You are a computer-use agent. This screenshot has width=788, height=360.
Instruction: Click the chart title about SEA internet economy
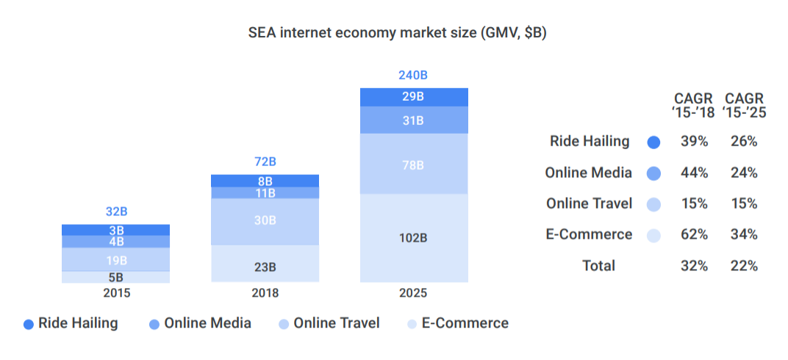coord(397,33)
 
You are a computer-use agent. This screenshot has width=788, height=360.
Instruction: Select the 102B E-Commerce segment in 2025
coord(413,238)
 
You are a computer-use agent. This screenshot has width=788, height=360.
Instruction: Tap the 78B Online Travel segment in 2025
coord(413,165)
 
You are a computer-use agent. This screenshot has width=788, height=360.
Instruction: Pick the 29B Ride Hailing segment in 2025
coord(413,97)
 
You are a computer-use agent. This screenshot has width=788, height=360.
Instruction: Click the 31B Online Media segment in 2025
coord(413,120)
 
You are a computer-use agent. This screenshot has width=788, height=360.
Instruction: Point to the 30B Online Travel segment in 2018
coord(265,220)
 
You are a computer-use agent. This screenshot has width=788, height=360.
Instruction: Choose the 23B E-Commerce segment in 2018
coord(265,267)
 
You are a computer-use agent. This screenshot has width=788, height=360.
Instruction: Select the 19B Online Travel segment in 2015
coord(116,260)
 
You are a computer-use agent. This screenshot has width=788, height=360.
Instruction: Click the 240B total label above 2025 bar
coord(413,75)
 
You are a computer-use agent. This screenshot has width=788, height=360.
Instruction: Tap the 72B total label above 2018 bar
coord(265,162)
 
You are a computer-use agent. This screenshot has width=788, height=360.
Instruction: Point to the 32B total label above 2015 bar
coord(116,212)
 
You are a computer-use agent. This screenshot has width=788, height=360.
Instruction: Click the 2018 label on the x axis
coord(265,293)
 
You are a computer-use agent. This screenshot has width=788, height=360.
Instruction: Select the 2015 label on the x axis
coord(116,293)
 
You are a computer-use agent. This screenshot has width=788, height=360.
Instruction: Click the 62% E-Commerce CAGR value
coord(694,234)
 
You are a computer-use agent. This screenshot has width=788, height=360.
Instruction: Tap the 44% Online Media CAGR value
coord(694,173)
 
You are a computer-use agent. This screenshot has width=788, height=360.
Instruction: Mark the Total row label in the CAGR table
coord(598,265)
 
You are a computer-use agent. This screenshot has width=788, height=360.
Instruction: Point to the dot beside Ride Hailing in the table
coord(654,142)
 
